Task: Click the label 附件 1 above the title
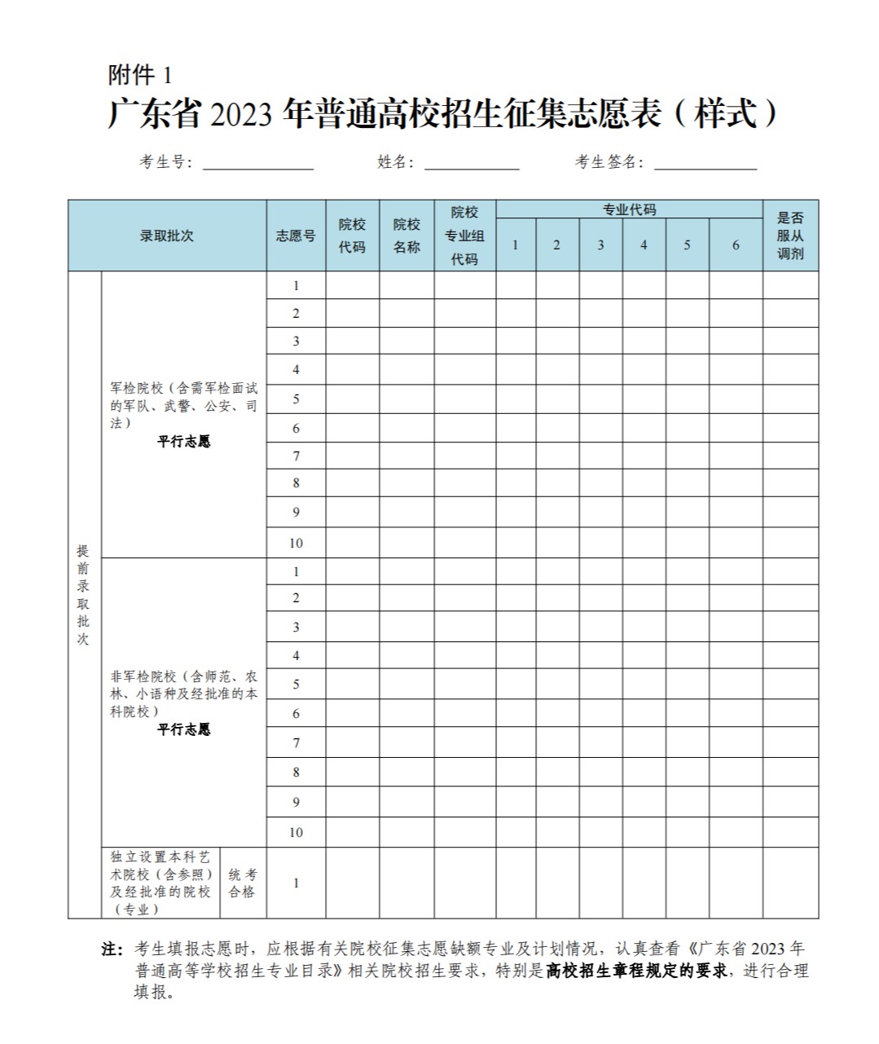(140, 76)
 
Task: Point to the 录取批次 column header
(167, 236)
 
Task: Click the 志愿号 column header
(296, 236)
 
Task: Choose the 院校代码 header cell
(352, 236)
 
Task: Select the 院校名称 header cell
(407, 236)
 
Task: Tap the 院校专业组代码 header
(464, 236)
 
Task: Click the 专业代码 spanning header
(629, 209)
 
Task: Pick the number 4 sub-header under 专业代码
(644, 245)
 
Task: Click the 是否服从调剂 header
(790, 236)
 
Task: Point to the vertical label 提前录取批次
(83, 595)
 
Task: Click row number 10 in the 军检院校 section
(296, 543)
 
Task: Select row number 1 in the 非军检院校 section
(296, 572)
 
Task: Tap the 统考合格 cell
(242, 883)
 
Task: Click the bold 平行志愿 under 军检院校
(184, 442)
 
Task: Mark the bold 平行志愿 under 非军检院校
(184, 729)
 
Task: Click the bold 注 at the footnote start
(111, 949)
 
